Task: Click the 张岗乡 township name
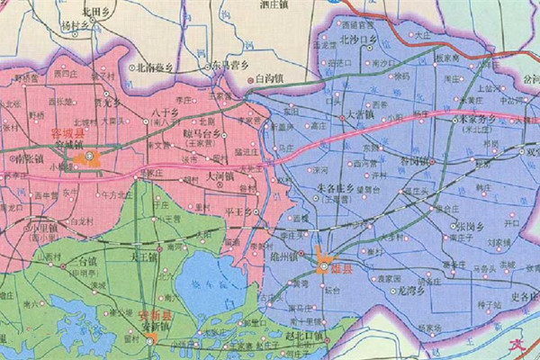point(475,226)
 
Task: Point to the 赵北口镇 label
point(305,336)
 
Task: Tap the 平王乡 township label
point(238,212)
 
